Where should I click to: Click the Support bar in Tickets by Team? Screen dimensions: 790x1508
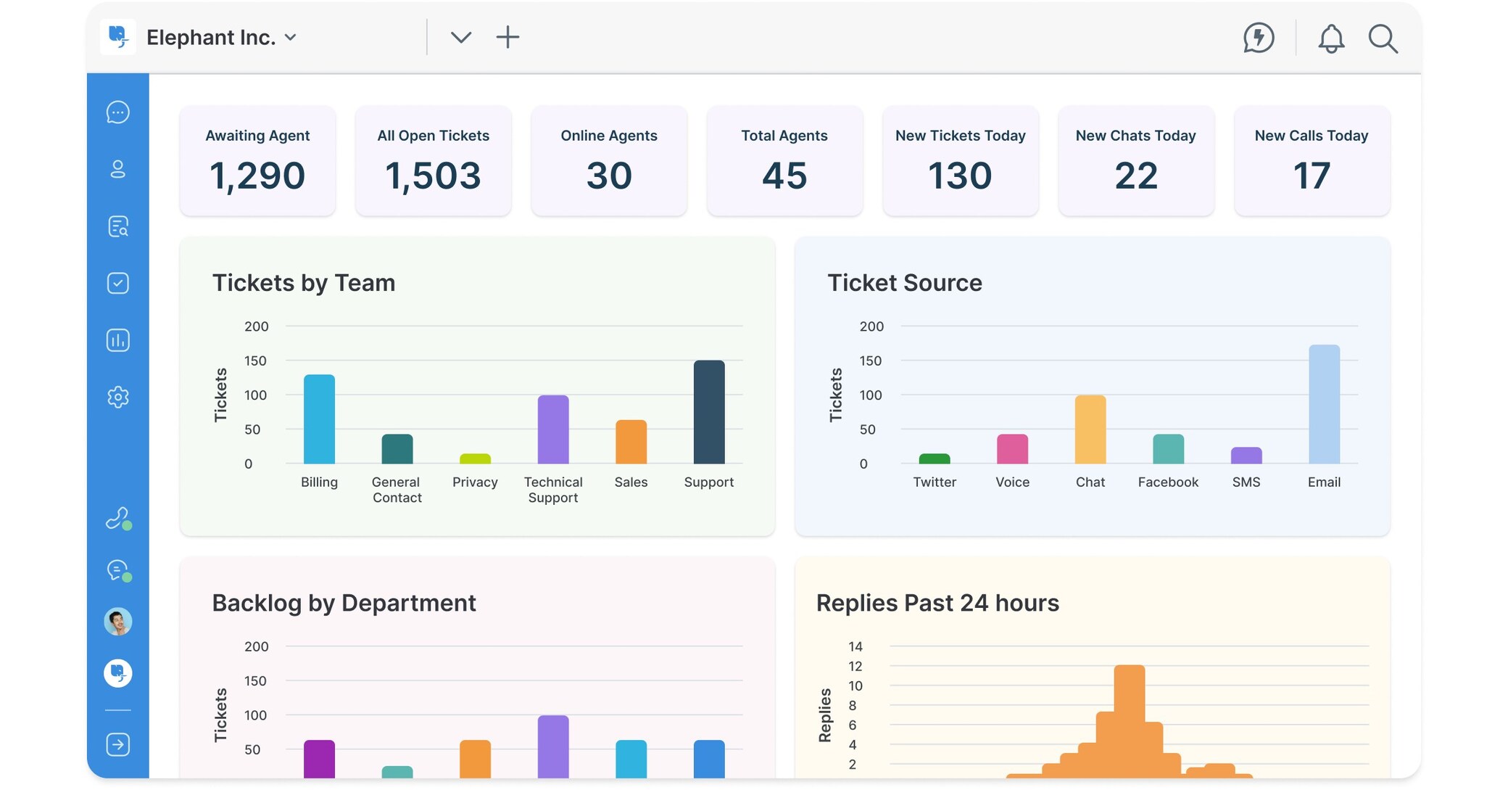(708, 412)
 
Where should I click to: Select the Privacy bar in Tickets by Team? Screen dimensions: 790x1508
(475, 459)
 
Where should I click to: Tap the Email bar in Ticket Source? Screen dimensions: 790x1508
(1323, 404)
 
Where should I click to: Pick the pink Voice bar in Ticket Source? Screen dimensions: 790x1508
(1012, 449)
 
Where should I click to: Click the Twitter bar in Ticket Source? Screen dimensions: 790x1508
(934, 459)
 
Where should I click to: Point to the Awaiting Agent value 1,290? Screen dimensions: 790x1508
(257, 176)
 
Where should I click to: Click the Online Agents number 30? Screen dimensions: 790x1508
(608, 176)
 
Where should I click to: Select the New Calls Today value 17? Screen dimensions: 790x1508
(1311, 176)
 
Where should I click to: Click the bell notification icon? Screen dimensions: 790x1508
(1330, 38)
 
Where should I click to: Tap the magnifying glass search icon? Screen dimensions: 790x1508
(1383, 38)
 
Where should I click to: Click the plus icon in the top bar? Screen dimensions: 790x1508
(507, 37)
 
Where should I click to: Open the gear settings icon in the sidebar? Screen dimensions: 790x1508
(118, 397)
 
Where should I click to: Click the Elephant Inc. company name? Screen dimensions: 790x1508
(211, 37)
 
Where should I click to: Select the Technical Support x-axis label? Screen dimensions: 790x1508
(552, 490)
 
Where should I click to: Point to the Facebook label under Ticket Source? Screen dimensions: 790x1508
(1167, 482)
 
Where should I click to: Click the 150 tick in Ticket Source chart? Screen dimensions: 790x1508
(870, 361)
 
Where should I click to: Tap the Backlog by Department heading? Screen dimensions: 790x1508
(344, 603)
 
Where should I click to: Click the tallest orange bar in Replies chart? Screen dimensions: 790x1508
(1129, 718)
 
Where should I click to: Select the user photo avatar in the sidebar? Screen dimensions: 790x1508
(118, 622)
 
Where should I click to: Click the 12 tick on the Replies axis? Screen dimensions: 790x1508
(855, 666)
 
